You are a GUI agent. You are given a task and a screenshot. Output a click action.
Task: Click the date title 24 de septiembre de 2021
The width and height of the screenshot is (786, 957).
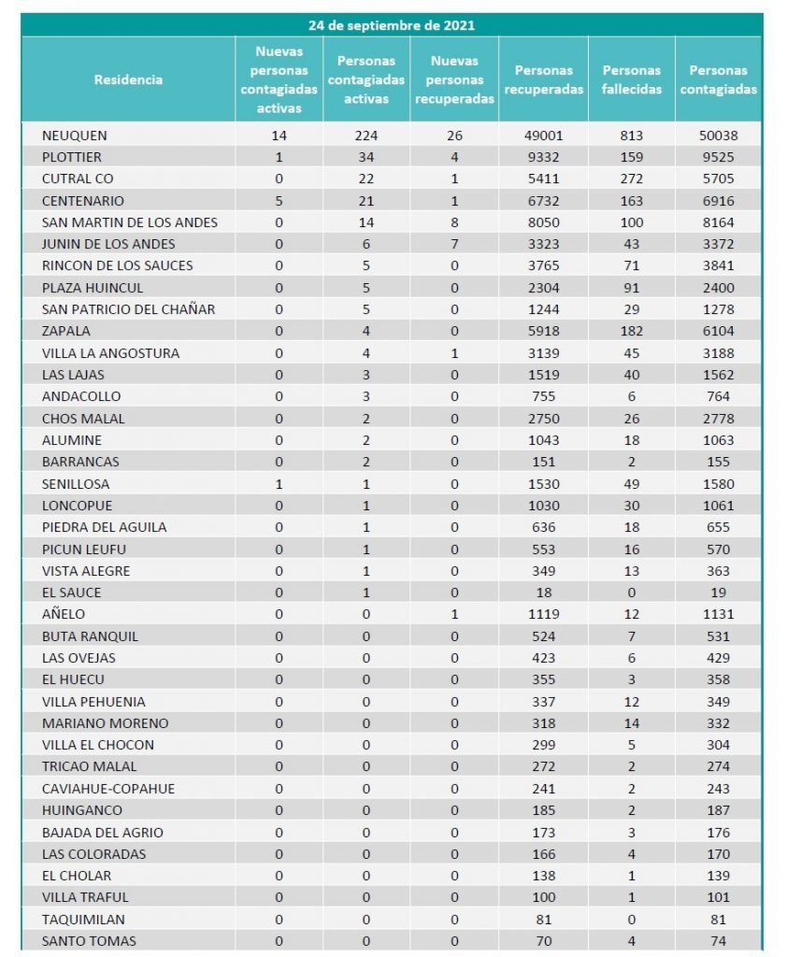coord(392,25)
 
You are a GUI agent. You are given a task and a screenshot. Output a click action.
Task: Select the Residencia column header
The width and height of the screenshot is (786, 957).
coord(128,79)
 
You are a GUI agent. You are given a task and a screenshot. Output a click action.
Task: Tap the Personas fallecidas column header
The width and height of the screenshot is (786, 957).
coord(632,79)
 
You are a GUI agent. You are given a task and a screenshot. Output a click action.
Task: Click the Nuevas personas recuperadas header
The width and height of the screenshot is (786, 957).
coord(454,79)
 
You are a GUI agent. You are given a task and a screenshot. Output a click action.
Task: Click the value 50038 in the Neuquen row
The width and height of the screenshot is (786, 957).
coord(718,136)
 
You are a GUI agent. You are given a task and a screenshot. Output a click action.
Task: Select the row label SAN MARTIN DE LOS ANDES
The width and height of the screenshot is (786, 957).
coord(130,222)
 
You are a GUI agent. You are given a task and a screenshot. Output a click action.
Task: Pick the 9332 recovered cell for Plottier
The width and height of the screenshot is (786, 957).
coord(544,157)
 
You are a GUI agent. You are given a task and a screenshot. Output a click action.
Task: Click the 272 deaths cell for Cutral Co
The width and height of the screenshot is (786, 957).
coord(632,179)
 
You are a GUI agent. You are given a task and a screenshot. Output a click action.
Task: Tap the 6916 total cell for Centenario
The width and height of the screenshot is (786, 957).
coord(718,201)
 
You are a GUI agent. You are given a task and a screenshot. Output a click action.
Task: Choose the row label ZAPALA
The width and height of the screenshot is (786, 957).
coord(65,331)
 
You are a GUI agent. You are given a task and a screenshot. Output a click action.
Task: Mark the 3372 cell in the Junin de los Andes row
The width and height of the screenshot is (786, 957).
coord(718,244)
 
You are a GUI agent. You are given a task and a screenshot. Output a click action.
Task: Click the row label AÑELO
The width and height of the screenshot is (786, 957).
coord(64,614)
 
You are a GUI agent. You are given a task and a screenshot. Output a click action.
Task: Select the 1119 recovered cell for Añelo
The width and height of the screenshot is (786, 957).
coord(544,614)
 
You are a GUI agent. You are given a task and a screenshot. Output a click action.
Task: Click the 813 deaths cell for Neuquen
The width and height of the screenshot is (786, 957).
coord(632,136)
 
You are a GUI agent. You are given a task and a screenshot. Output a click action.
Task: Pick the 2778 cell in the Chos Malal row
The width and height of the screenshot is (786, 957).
coord(718,419)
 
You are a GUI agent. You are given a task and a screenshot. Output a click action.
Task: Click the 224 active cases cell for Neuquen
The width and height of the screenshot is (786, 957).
coord(366,136)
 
